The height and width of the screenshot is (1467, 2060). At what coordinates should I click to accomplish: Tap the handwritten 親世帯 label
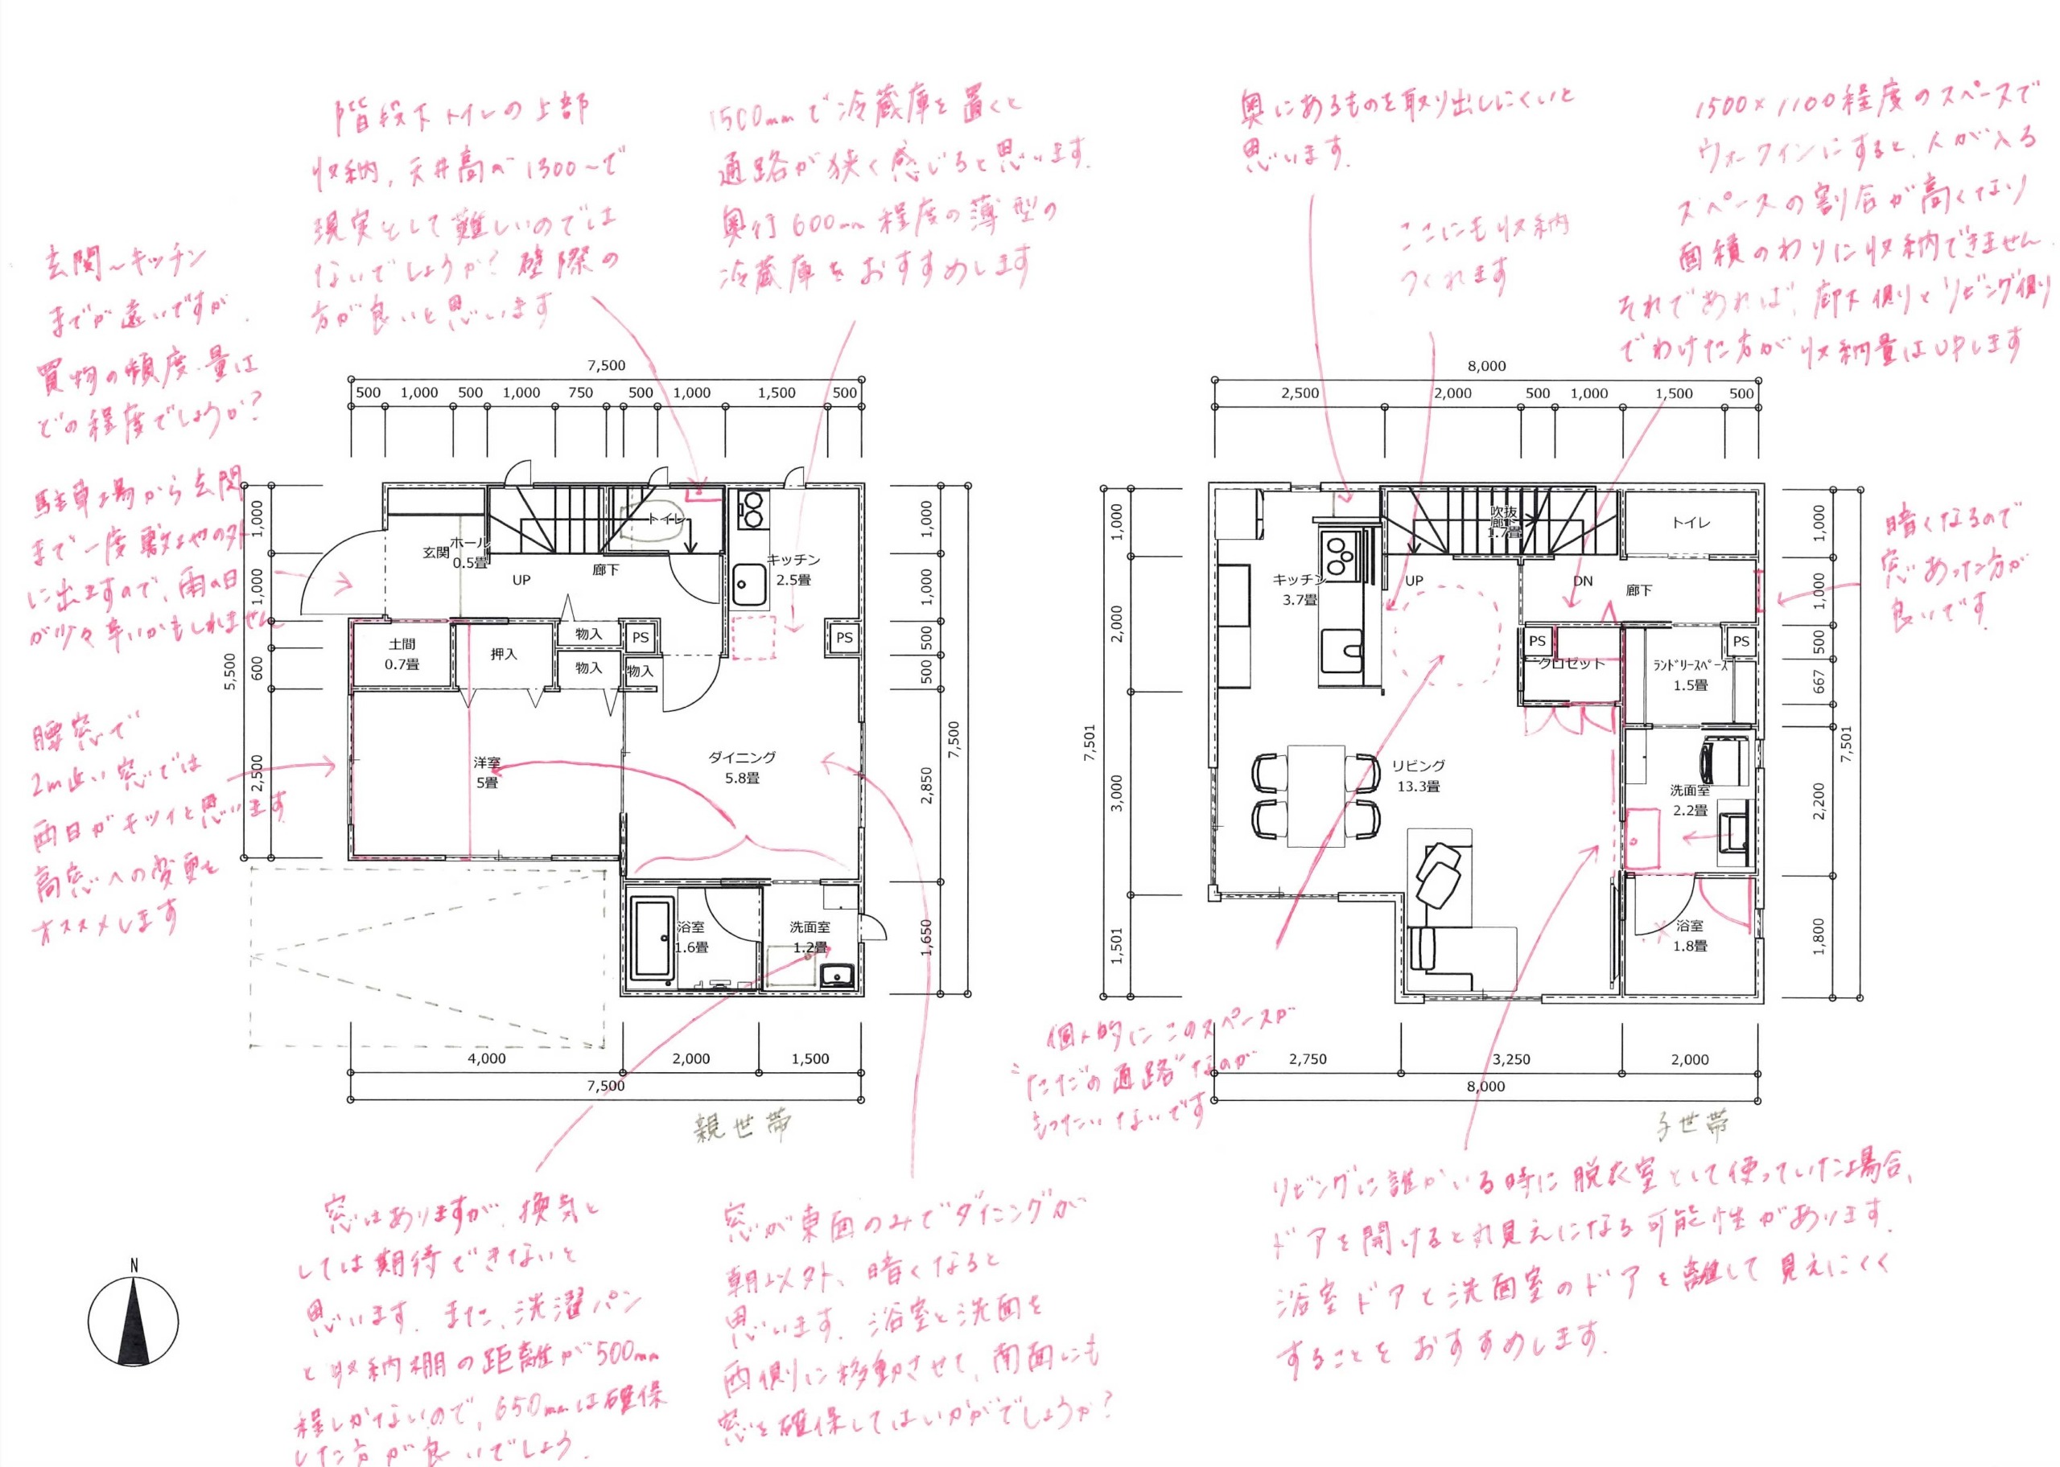coord(743,1127)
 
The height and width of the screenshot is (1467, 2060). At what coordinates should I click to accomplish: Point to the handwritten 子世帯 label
coord(1691,1125)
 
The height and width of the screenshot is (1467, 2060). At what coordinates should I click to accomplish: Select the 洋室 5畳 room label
coord(487,773)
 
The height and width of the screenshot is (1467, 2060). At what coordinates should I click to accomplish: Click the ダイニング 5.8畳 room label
coord(742,768)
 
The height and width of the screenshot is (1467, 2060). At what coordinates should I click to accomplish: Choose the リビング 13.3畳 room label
coord(1419,776)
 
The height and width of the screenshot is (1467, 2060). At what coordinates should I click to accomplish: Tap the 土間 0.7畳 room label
coord(402,654)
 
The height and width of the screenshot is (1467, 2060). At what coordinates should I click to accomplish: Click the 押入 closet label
coord(503,654)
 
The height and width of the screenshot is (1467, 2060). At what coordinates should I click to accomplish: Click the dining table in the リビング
coord(1316,795)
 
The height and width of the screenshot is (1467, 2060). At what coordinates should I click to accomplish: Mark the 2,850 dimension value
coord(926,786)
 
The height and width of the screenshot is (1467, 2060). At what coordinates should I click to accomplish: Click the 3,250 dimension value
coord(1510,1059)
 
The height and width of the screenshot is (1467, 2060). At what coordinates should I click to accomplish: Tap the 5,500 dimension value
coord(230,672)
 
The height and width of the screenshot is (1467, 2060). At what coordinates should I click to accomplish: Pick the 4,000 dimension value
coord(486,1058)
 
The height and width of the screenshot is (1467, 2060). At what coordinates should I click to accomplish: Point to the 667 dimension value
coord(1819,681)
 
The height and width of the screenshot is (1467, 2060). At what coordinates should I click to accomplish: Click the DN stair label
coord(1583,581)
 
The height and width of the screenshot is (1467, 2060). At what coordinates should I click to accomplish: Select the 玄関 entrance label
coord(435,552)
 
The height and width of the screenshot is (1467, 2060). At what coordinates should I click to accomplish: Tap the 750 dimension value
coord(580,393)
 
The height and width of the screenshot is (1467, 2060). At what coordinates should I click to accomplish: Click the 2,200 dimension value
coord(1819,800)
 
